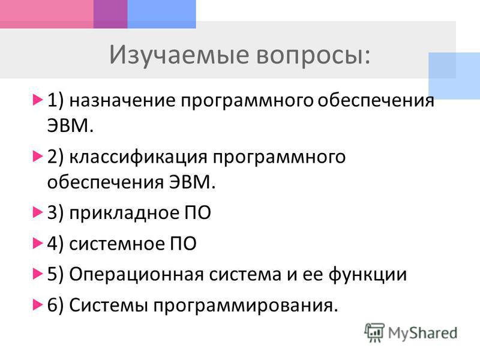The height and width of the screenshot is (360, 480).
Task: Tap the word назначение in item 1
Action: (122, 100)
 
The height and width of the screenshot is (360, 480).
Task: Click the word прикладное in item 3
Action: (124, 213)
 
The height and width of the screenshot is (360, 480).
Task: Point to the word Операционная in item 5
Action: (136, 274)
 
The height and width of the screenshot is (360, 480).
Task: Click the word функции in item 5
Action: (368, 274)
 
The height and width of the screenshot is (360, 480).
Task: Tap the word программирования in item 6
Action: (243, 306)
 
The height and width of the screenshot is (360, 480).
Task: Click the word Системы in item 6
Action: (109, 305)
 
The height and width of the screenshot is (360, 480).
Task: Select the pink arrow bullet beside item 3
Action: (37, 212)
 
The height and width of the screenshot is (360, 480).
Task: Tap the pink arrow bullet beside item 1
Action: (37, 100)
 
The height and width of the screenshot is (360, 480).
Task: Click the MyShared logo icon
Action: (374, 332)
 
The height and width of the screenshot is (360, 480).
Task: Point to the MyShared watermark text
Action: (422, 334)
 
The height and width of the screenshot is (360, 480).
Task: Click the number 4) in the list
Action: (55, 244)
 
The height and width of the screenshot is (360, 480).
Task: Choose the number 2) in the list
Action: (55, 157)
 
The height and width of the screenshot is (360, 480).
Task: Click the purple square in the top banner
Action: (110, 14)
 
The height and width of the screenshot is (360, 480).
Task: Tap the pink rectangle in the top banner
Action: (47, 14)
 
